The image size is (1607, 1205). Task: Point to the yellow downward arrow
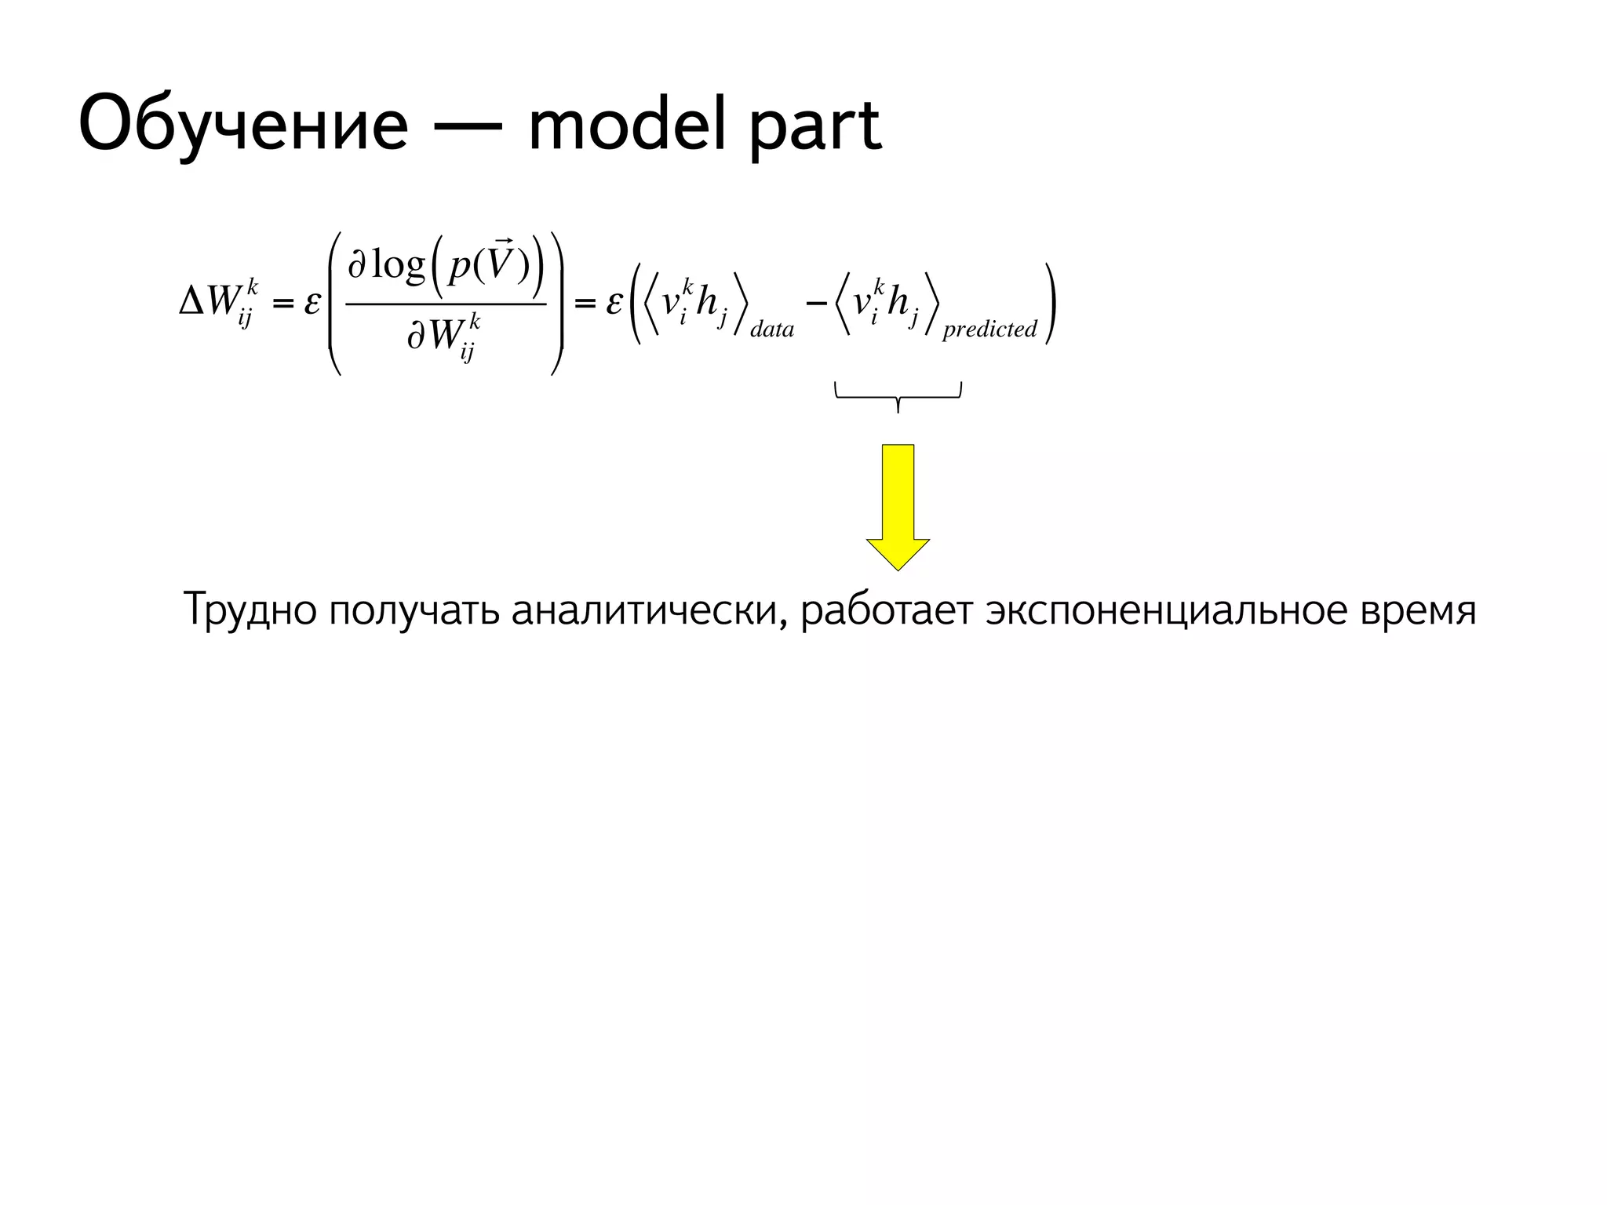[x=898, y=506]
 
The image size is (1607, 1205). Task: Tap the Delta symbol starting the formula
[x=191, y=303]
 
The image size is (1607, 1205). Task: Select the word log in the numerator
[x=398, y=267]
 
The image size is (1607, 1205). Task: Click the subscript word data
[x=772, y=329]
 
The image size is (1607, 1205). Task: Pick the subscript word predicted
[x=989, y=329]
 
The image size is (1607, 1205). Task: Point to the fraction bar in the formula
[x=445, y=304]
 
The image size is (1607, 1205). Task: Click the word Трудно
[x=250, y=610]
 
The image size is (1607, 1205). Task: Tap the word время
[x=1418, y=610]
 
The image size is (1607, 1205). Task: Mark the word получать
[x=414, y=610]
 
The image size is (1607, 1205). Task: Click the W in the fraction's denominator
[x=444, y=336]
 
